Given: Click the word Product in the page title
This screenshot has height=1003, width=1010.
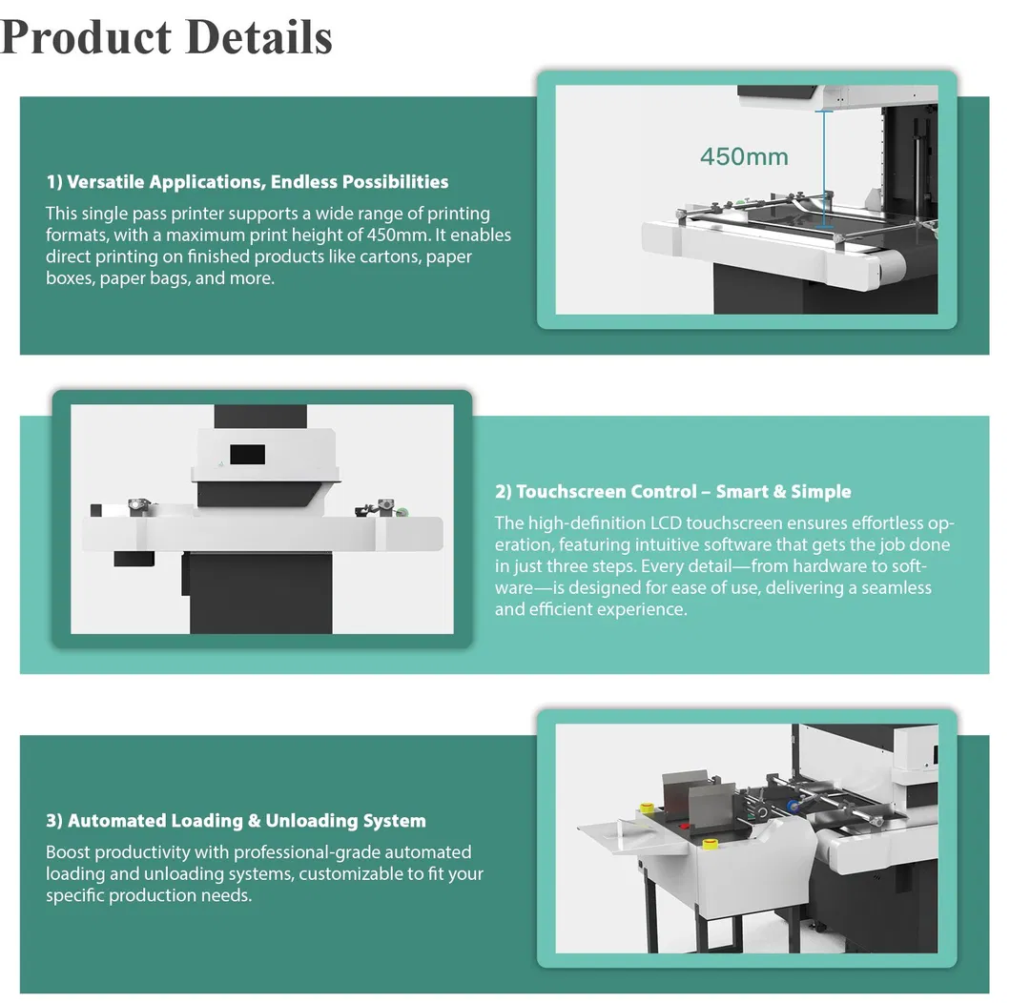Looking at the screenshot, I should tap(86, 37).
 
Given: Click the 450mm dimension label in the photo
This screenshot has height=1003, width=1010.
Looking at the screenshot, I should tap(744, 156).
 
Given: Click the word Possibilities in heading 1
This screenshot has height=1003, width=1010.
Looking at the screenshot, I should tap(395, 182).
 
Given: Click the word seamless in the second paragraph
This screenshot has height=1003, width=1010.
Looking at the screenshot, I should tap(896, 588).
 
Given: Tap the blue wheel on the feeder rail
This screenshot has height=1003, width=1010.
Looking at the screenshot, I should tap(791, 808).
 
